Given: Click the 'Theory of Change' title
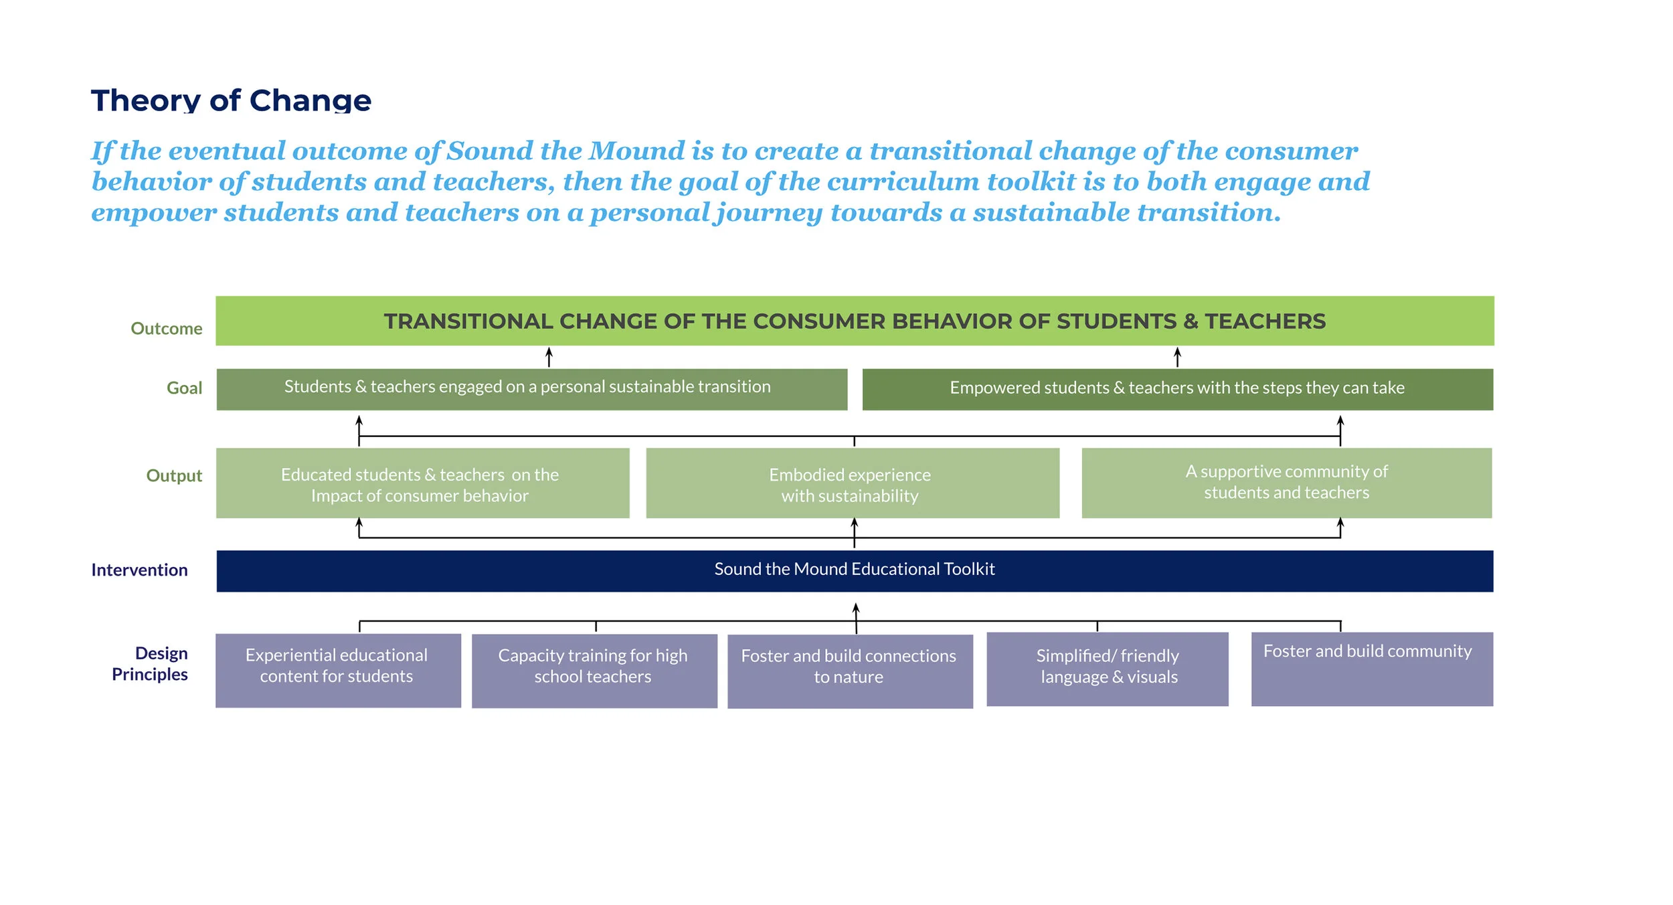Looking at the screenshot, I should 231,100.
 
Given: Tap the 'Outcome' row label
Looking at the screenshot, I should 166,329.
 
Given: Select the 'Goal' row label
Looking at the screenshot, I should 184,388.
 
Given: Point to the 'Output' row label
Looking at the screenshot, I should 174,476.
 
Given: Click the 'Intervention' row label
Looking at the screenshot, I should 139,570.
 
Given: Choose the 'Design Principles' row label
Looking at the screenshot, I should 150,664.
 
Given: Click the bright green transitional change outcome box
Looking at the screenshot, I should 855,321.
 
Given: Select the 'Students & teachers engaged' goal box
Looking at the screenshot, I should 531,389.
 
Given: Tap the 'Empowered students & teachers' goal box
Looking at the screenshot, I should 1177,390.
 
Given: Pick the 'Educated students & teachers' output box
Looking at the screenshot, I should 422,483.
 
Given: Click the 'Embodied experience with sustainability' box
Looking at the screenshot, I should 852,483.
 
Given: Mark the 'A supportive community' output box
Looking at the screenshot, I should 1286,483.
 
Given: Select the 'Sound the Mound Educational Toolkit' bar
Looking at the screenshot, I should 855,571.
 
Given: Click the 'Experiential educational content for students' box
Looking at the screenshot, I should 338,670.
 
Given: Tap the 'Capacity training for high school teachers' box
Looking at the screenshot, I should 594,671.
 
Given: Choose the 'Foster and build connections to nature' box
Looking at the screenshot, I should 850,671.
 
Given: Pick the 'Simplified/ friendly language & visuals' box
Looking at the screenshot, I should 1107,669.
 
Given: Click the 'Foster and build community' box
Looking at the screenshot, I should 1372,669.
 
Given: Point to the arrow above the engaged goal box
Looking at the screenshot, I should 549,356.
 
